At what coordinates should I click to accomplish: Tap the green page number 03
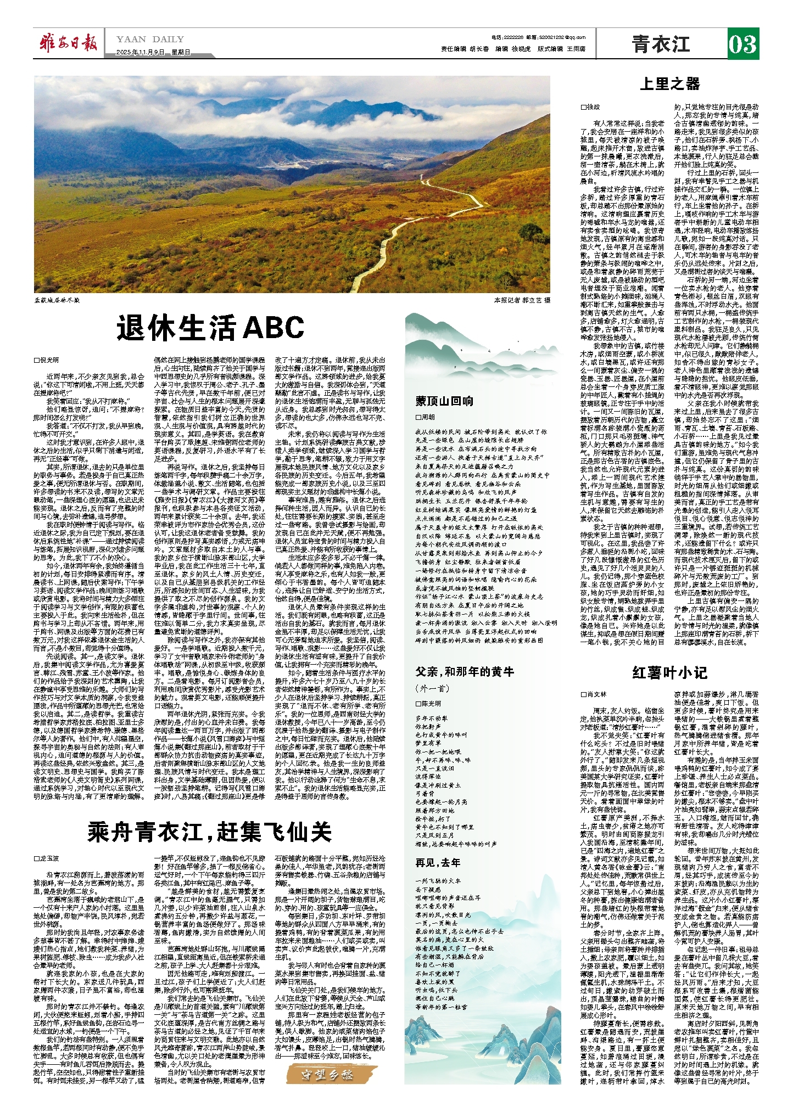click(742, 44)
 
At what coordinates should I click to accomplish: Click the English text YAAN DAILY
click(150, 40)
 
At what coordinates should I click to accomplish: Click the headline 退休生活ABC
click(210, 328)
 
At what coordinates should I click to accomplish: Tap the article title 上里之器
click(670, 84)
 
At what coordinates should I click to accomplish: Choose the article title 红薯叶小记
click(669, 673)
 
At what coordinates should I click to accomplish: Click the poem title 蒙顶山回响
click(445, 401)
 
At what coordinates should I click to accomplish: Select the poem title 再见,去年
click(438, 862)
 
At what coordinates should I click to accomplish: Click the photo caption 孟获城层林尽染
click(57, 300)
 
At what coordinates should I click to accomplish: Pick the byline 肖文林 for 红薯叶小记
click(594, 694)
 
